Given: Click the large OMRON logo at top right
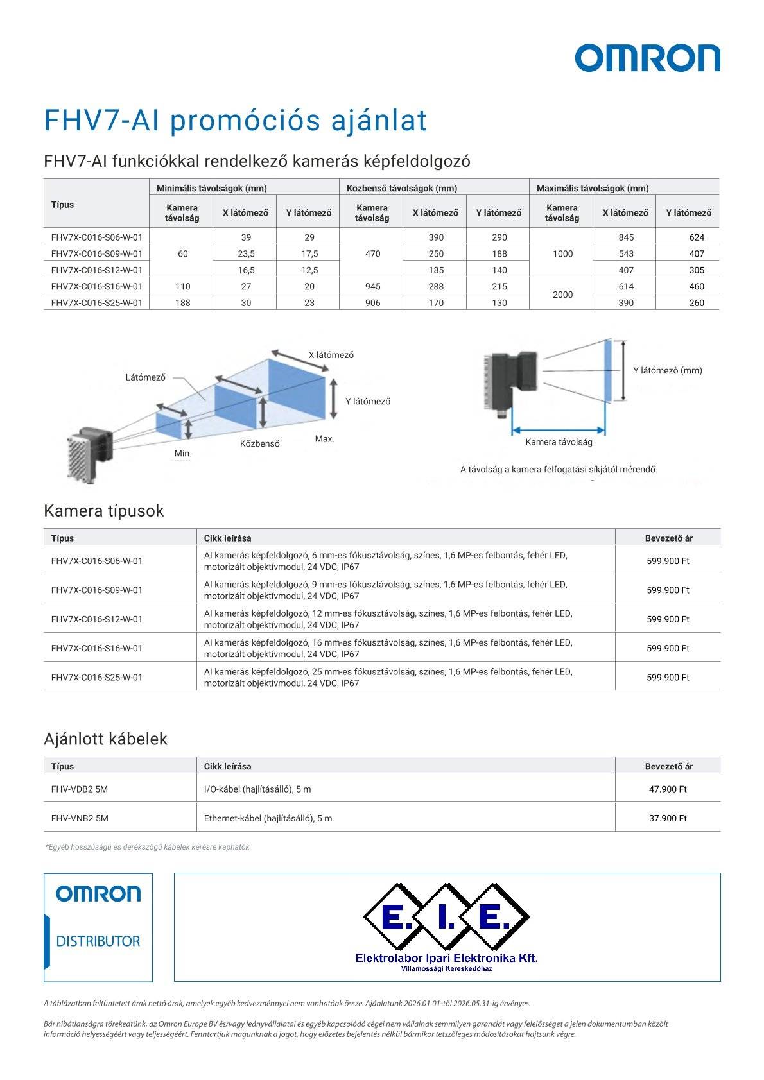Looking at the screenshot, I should pos(647,58).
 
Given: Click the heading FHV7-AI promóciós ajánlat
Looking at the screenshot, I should pos(235,120).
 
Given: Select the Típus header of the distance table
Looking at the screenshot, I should pos(62,205).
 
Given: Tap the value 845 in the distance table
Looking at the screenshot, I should pos(626,237).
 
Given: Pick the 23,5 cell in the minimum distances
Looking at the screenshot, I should pos(246,253).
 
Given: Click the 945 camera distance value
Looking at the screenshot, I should pos(372,286).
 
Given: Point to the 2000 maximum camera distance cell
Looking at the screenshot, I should pos(562,295).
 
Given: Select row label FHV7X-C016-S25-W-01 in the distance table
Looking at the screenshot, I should pos(96,303).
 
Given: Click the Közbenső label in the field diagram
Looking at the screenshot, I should pos(259,443).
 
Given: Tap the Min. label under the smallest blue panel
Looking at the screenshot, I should pos(183,453).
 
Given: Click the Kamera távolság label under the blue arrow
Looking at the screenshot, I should pos(559,442).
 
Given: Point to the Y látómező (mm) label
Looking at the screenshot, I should pos(667,370).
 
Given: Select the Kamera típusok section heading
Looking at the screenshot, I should pos(103,511).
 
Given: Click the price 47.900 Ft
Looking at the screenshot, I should pos(668,789).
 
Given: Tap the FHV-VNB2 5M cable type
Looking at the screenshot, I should pos(80,818).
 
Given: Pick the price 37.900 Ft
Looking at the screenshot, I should pos(668,818).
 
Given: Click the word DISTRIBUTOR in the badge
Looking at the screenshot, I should pos(98,941).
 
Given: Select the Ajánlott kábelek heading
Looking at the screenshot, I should pos(105,739).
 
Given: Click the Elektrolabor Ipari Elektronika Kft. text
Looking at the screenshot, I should pos(446,958).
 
